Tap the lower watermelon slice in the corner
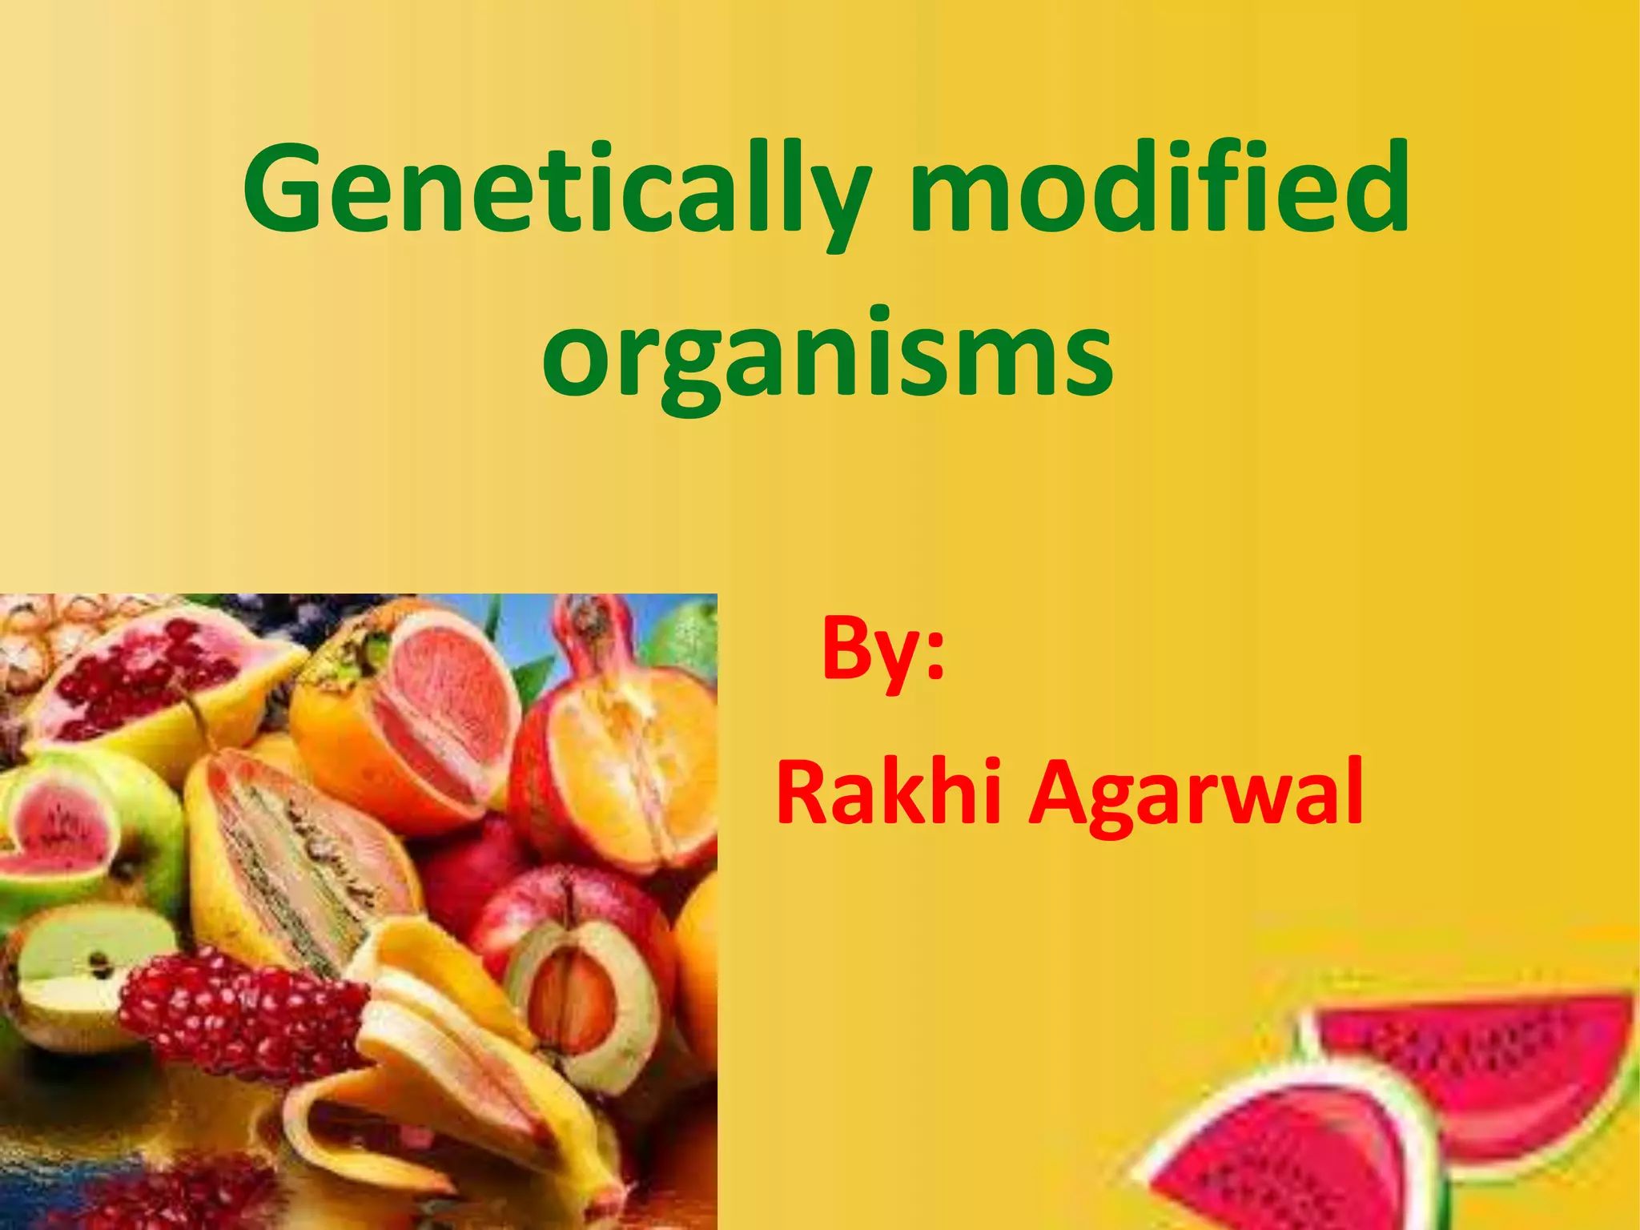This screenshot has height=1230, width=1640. (1297, 1153)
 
